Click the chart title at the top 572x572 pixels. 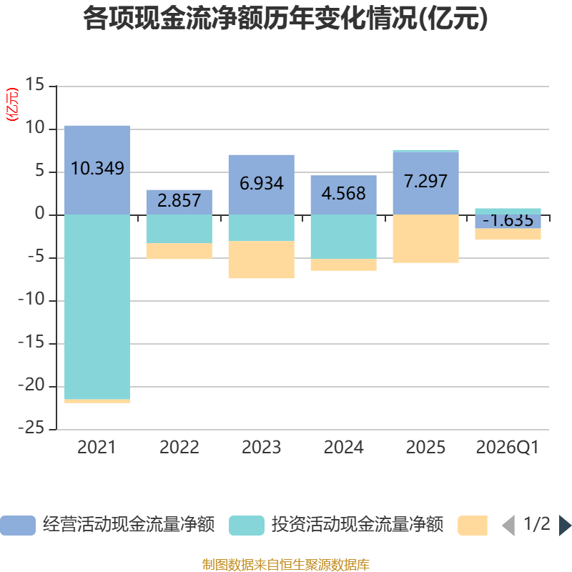(x=285, y=19)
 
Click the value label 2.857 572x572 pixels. (x=179, y=201)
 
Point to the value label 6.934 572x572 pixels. (x=261, y=184)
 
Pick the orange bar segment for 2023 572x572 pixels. (x=261, y=260)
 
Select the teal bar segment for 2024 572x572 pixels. (x=343, y=237)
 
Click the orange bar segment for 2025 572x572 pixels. (x=425, y=239)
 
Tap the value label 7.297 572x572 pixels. (x=425, y=182)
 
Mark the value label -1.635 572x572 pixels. (x=508, y=220)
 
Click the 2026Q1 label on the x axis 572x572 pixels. (x=508, y=448)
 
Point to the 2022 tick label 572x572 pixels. (x=179, y=448)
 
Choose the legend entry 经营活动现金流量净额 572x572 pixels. (x=129, y=525)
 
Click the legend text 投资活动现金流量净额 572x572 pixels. (x=357, y=525)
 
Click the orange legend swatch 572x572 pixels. (x=473, y=525)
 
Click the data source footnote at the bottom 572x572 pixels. (x=285, y=565)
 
